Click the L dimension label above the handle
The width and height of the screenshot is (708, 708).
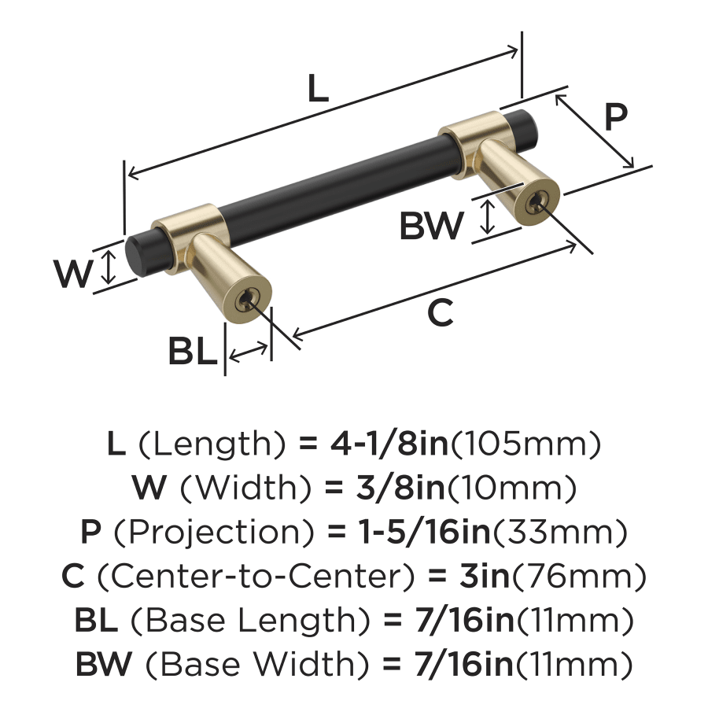[317, 90]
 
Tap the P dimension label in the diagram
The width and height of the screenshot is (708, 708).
[616, 117]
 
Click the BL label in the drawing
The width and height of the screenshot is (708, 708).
[191, 352]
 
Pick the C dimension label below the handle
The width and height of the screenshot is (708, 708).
[441, 314]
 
